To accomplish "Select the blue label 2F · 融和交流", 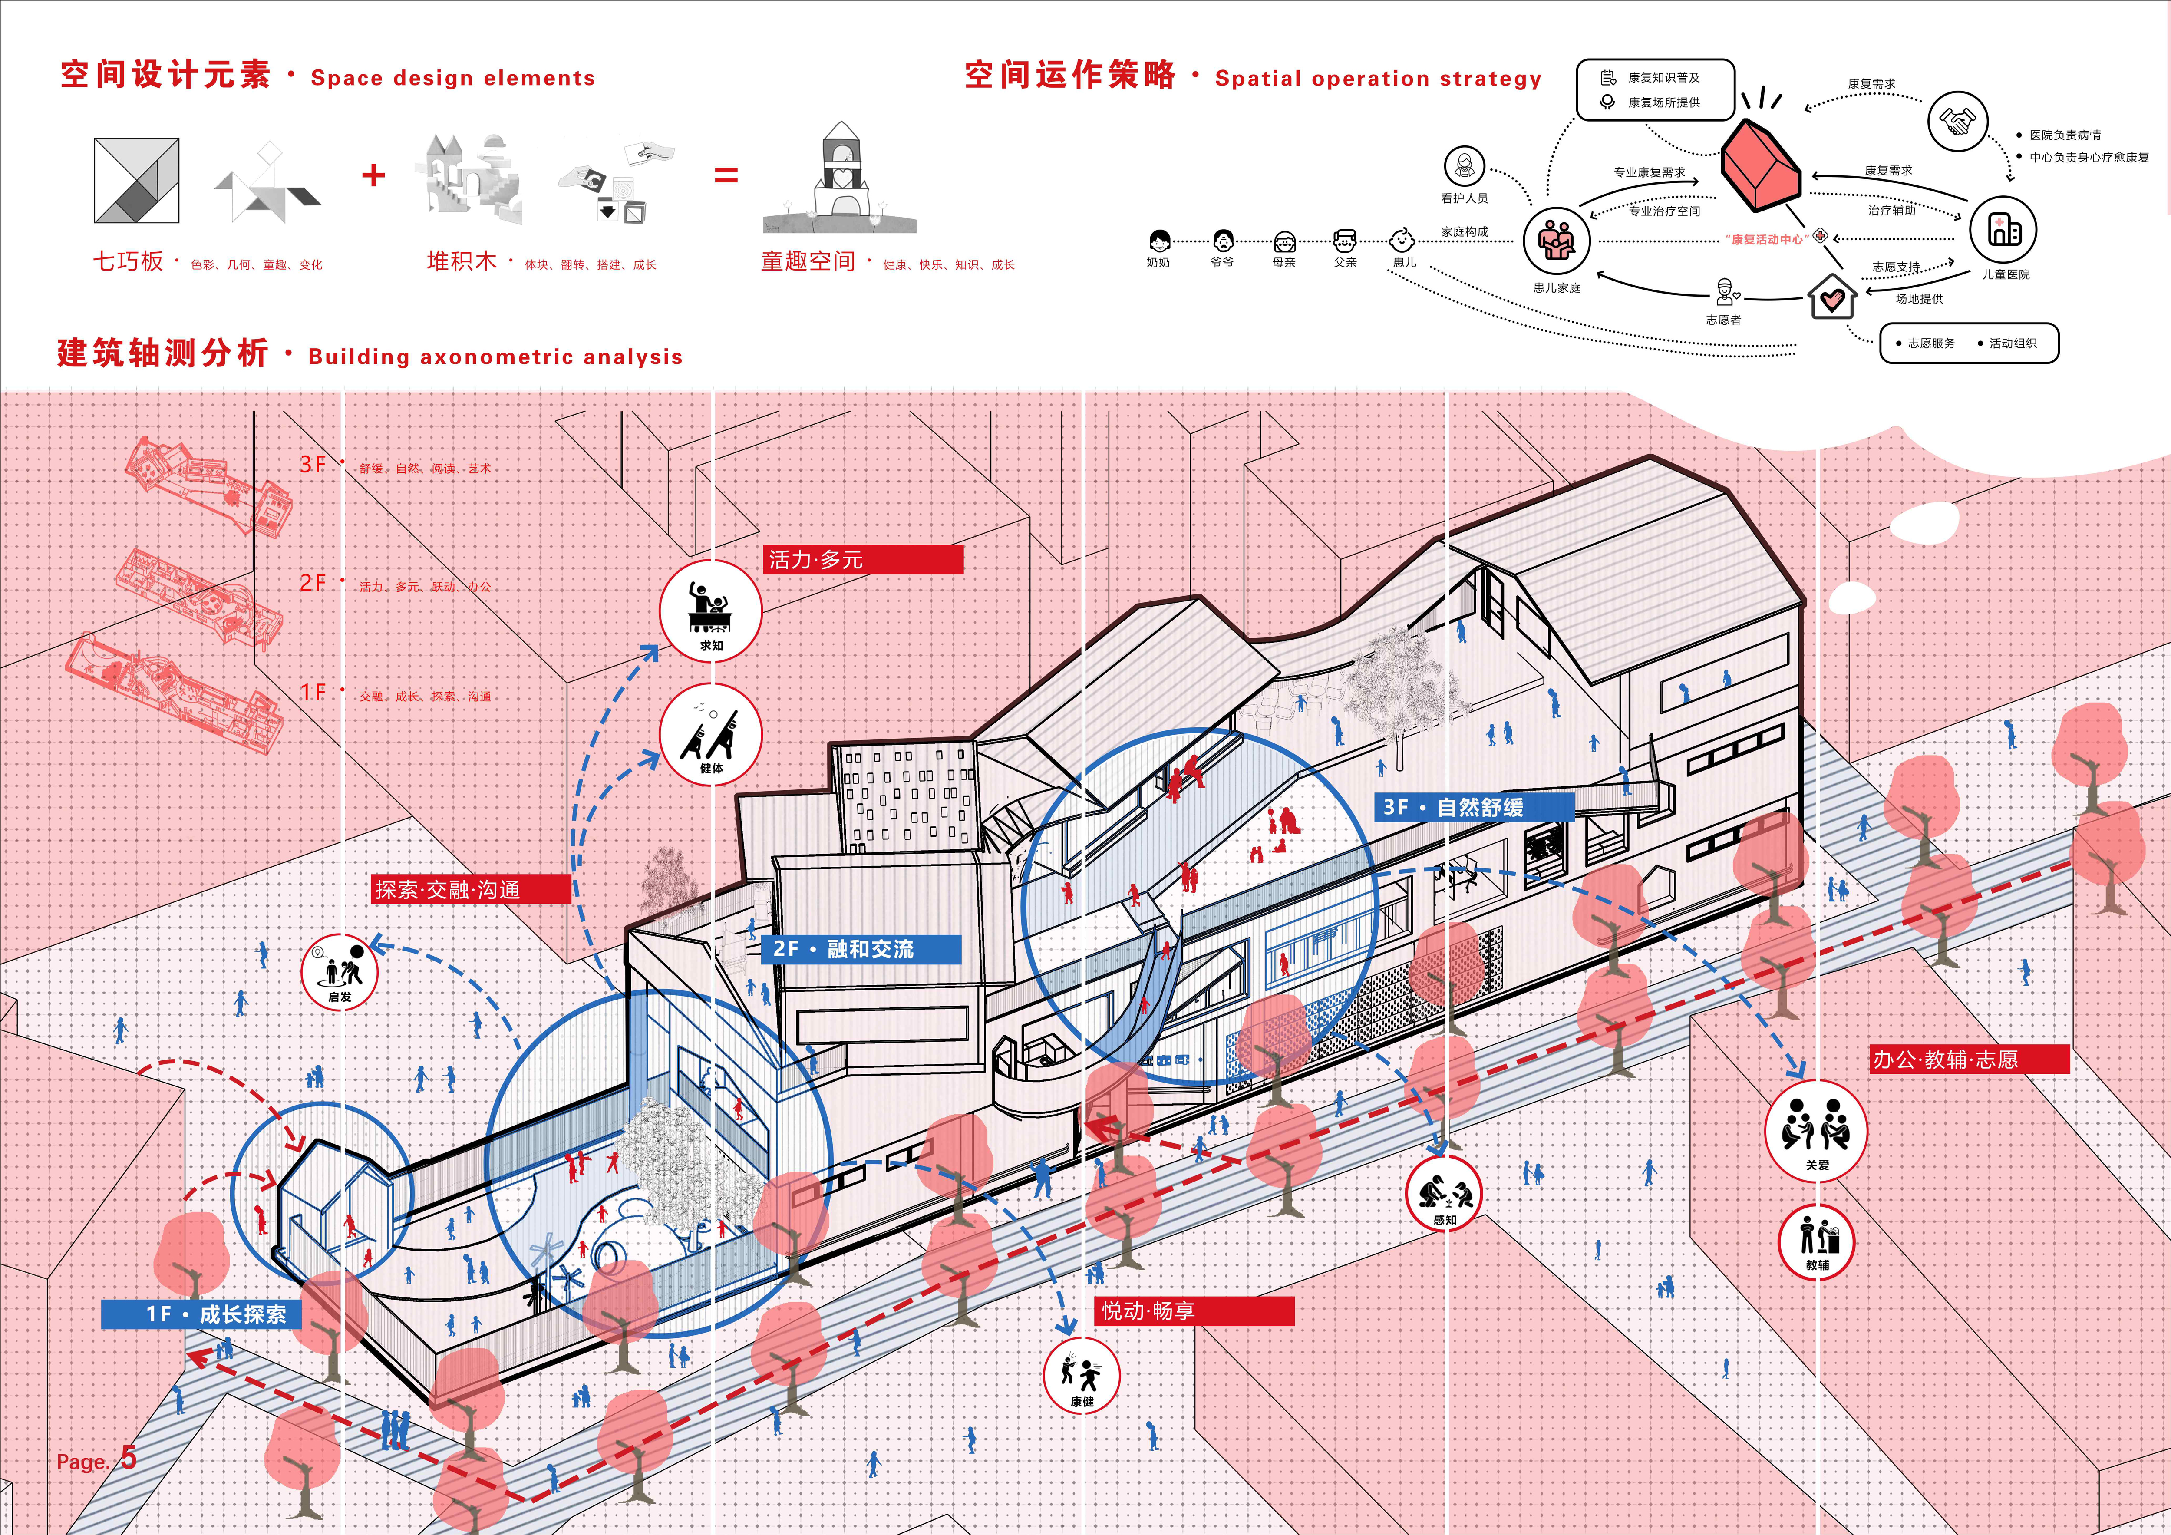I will [861, 949].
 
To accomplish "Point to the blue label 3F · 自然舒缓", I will [1472, 807].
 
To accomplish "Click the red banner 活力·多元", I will [862, 559].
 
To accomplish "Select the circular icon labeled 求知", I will [710, 610].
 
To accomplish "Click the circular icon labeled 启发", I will [340, 972].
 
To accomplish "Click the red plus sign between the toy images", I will [373, 175].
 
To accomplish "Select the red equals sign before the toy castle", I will [725, 175].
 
